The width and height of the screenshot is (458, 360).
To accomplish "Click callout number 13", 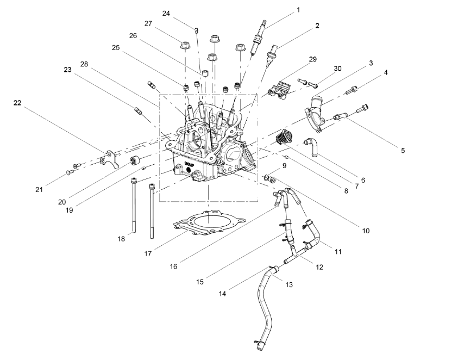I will pyautogui.click(x=288, y=284).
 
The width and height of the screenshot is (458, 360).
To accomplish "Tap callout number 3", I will pyautogui.click(x=371, y=63).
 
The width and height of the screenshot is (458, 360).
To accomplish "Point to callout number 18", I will pyautogui.click(x=122, y=238).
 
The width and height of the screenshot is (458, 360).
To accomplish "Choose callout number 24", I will pyautogui.click(x=166, y=13).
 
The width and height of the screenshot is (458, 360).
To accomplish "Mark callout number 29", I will pyautogui.click(x=312, y=59).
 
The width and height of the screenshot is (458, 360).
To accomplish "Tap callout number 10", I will pyautogui.click(x=366, y=231).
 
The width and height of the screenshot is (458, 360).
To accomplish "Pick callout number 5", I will pyautogui.click(x=403, y=150).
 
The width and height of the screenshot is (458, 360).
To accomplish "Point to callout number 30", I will pyautogui.click(x=337, y=69).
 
